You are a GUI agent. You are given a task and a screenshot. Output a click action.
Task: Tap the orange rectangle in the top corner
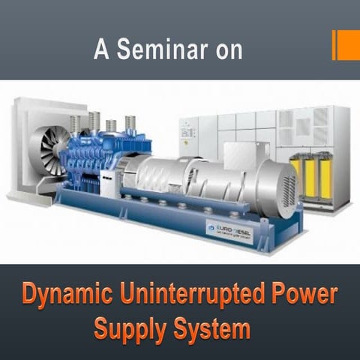[346, 44]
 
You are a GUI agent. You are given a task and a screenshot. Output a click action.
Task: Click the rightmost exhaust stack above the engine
[130, 124]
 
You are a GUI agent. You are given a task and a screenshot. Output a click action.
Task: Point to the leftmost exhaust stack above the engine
[75, 123]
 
